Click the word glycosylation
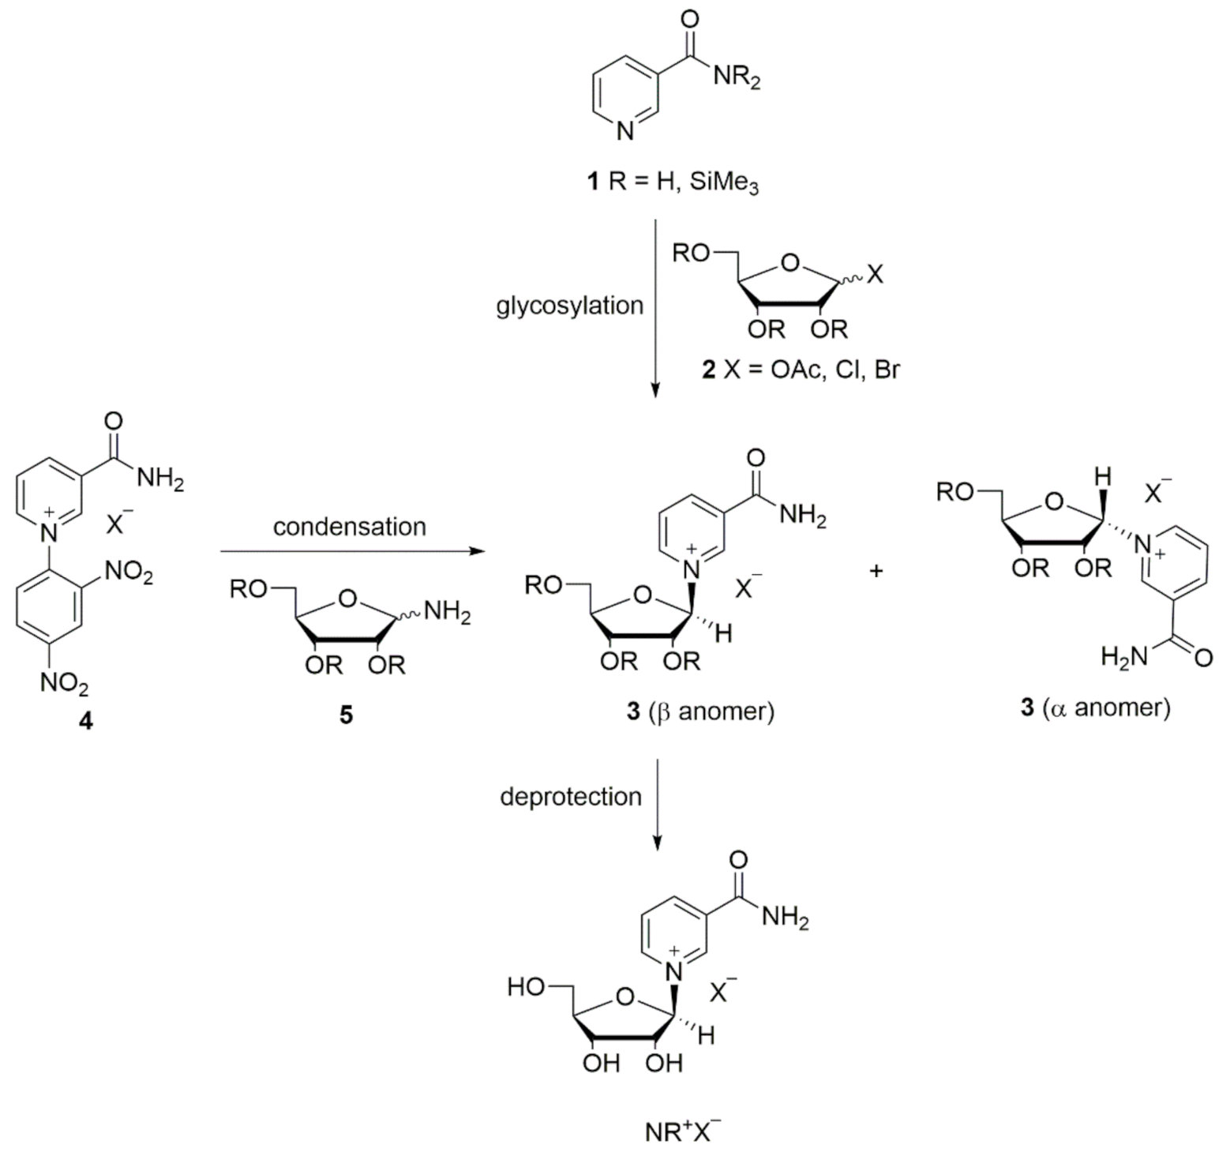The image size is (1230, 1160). pyautogui.click(x=569, y=306)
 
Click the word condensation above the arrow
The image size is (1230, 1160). pyautogui.click(x=349, y=527)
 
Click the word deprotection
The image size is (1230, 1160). pyautogui.click(x=570, y=796)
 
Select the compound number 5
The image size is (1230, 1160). pyautogui.click(x=346, y=715)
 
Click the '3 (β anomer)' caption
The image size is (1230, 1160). pyautogui.click(x=700, y=711)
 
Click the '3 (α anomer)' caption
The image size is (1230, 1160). pyautogui.click(x=1094, y=708)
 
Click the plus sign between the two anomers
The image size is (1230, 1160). pyautogui.click(x=876, y=571)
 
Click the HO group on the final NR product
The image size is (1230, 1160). pyautogui.click(x=525, y=987)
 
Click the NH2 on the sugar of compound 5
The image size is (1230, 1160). pyautogui.click(x=447, y=613)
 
